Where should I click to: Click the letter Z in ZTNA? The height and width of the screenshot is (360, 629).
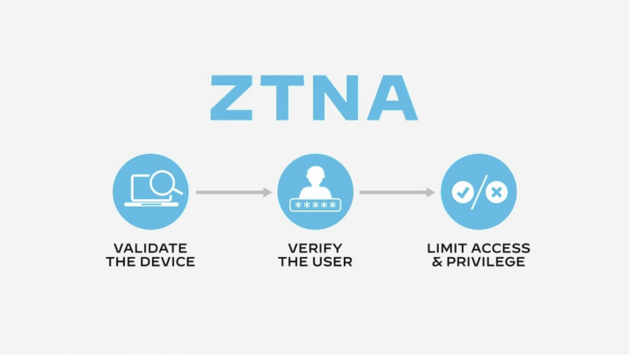[231, 98]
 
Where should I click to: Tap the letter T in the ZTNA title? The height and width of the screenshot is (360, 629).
[282, 98]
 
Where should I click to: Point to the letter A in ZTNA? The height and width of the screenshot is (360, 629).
[392, 98]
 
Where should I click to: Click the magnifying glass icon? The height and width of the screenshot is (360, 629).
[165, 184]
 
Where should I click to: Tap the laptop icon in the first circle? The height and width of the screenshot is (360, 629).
[150, 191]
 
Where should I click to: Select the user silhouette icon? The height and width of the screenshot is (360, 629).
[315, 182]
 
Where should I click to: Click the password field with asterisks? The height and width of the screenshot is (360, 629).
[315, 205]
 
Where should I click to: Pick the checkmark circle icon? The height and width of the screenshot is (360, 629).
[463, 192]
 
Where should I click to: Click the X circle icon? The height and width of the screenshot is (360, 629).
[497, 192]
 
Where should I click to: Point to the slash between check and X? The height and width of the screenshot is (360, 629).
[479, 192]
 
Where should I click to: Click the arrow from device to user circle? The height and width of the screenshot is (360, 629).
[234, 192]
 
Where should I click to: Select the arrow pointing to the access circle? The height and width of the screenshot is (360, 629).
[397, 192]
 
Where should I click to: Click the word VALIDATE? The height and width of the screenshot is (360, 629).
[150, 248]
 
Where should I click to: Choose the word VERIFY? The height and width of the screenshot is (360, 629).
[315, 248]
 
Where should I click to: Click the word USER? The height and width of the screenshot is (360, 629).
[332, 262]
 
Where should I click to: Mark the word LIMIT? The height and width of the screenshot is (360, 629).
[445, 248]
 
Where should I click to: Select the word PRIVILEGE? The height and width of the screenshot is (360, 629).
[486, 262]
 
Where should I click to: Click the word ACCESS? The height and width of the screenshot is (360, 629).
[499, 248]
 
